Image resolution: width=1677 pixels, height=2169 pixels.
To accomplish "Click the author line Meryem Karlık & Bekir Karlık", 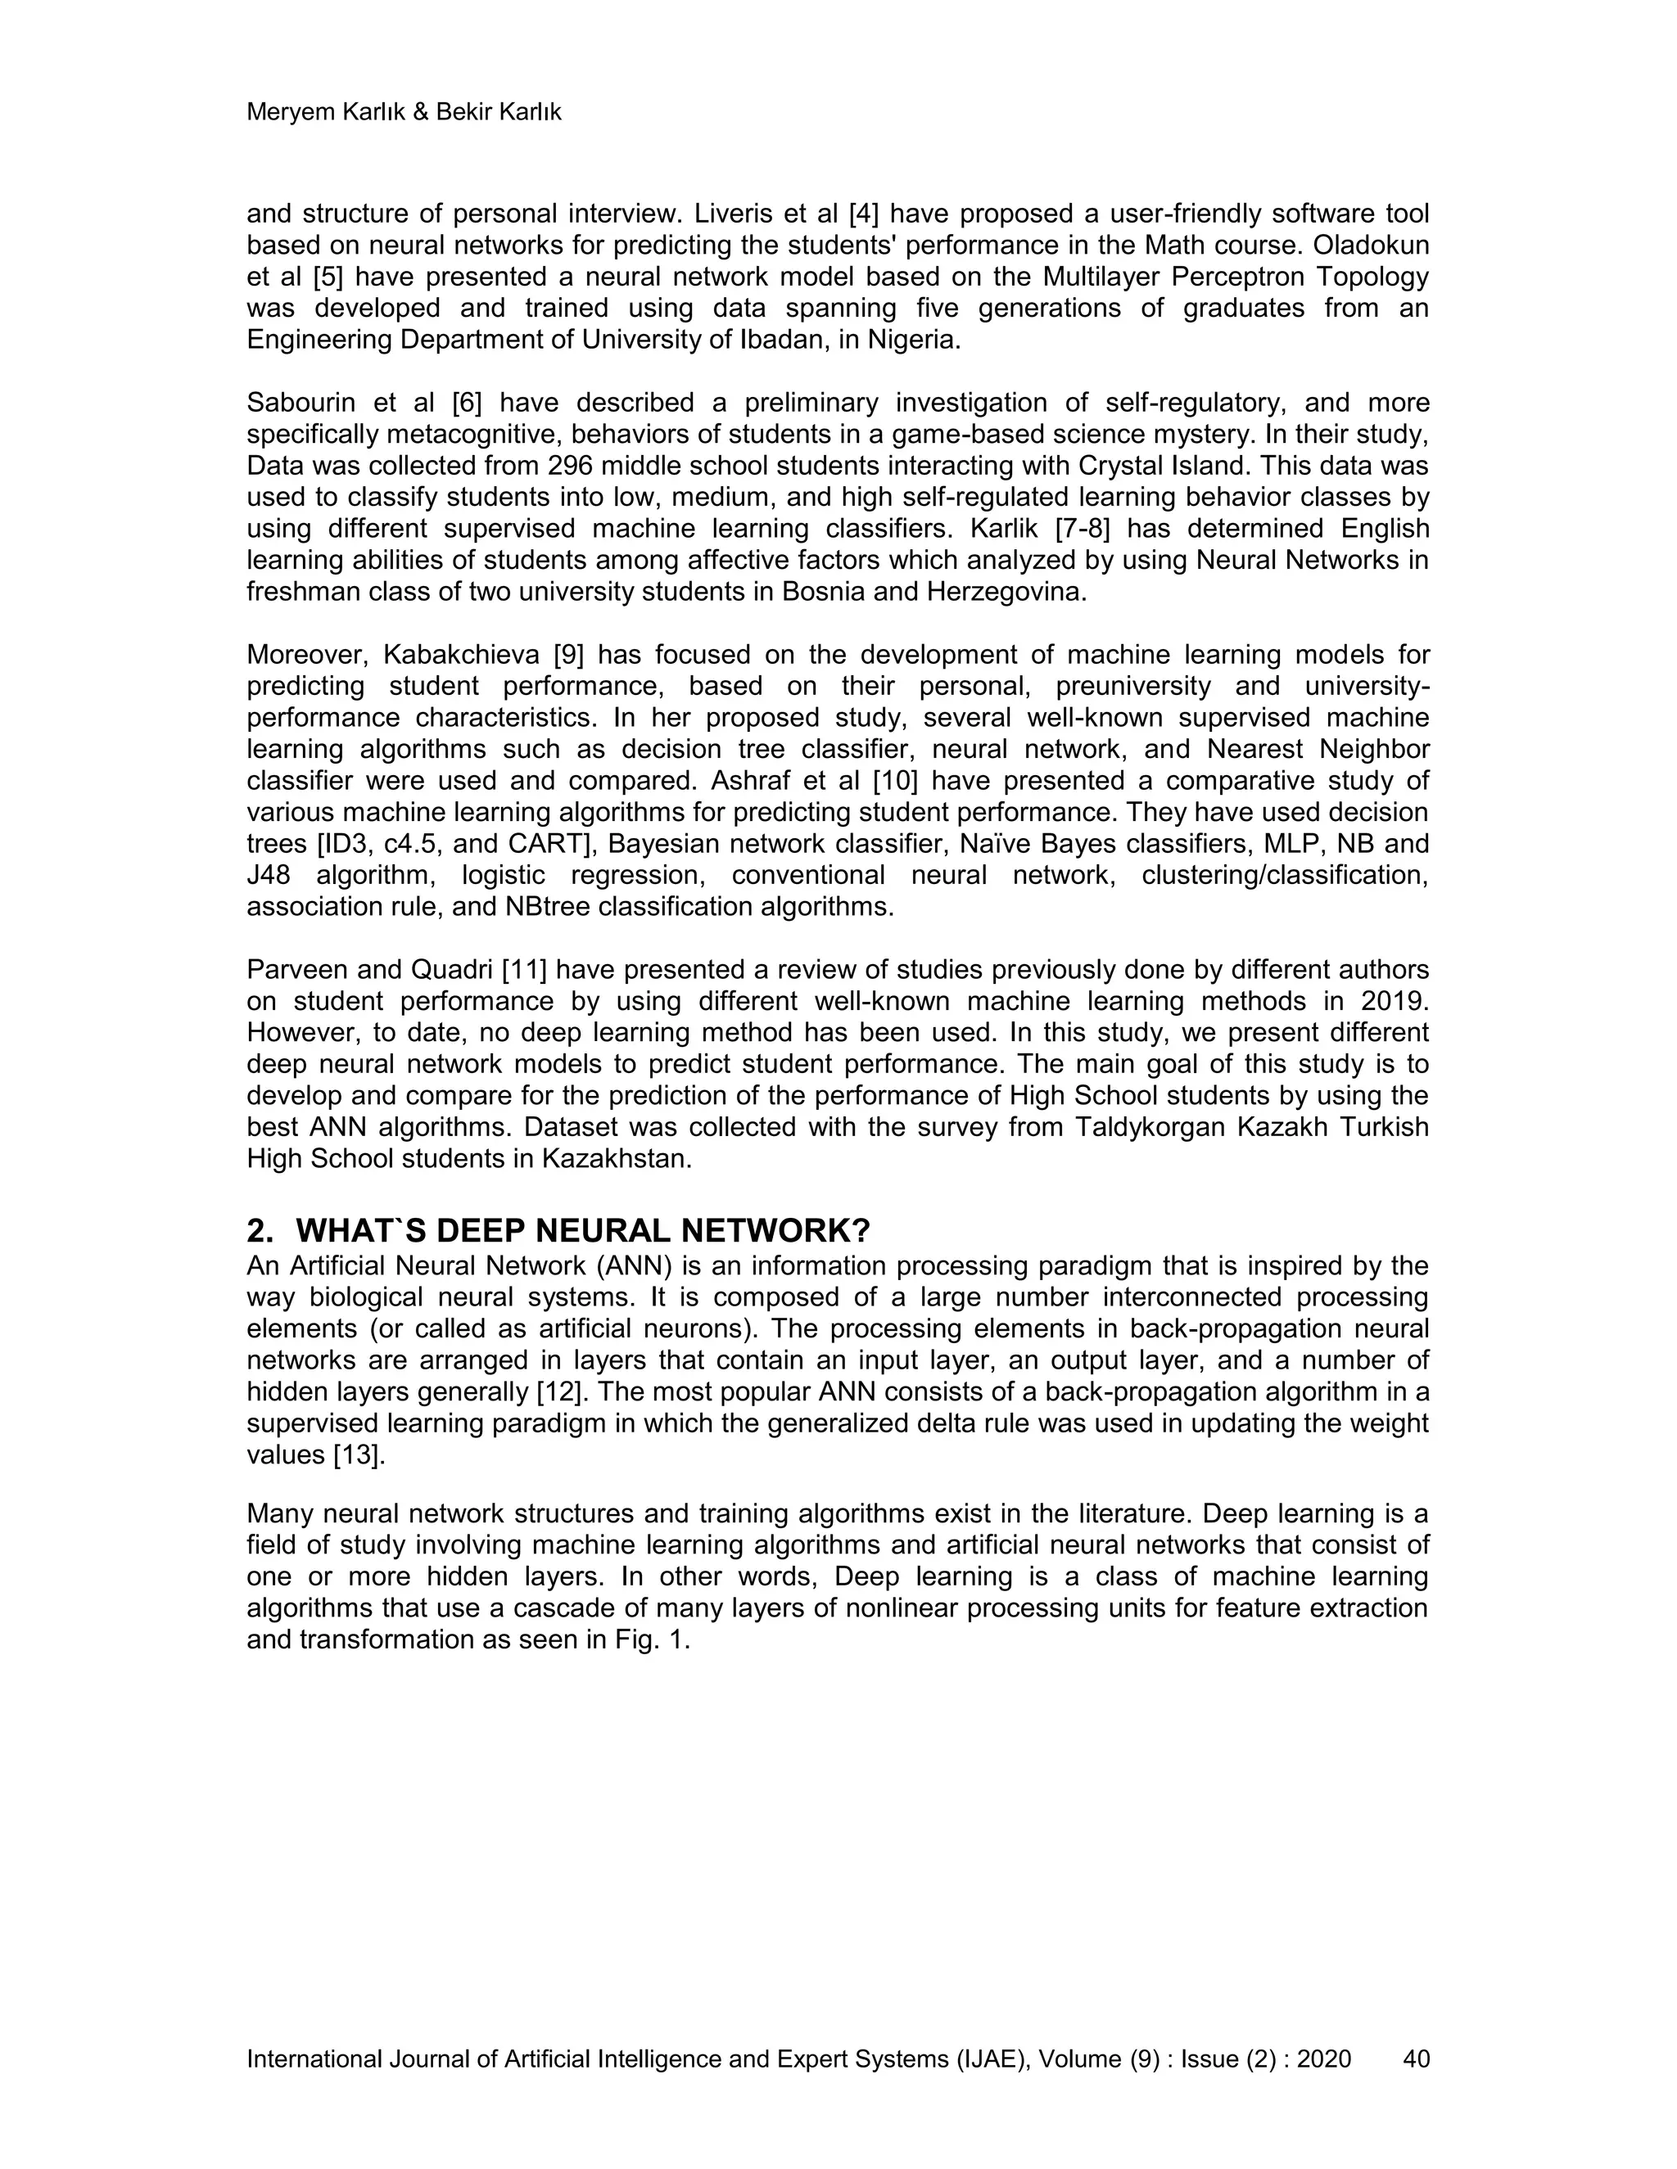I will coord(404,112).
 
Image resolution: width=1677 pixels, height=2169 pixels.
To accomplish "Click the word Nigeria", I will coord(913,340).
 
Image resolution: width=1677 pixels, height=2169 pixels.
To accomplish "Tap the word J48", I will coord(270,875).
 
